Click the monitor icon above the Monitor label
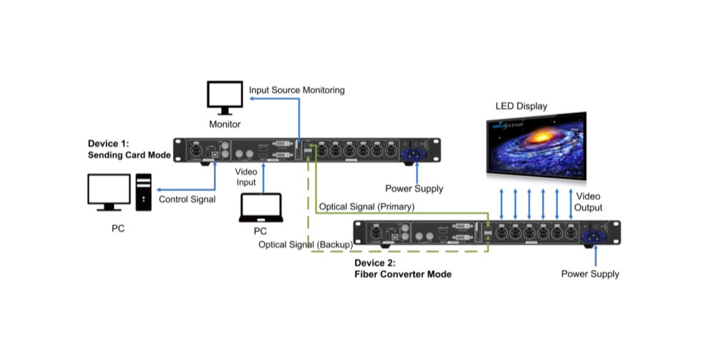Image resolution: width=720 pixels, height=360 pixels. [225, 97]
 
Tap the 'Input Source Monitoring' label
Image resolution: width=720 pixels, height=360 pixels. [297, 91]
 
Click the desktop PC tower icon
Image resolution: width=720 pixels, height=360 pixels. [143, 192]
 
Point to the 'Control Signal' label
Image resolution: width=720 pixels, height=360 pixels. [186, 199]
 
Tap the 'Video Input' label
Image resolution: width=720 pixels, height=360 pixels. [246, 177]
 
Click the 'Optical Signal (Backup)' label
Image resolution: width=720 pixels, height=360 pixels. [305, 245]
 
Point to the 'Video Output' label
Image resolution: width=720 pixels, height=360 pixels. [589, 202]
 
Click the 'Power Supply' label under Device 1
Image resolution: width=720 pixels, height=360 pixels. [414, 189]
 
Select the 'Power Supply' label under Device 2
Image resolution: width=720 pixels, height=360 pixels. [590, 274]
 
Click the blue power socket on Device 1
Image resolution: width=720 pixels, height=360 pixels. [415, 152]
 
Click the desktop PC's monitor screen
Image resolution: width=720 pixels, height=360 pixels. [109, 189]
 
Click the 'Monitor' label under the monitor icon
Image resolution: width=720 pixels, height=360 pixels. [224, 125]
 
